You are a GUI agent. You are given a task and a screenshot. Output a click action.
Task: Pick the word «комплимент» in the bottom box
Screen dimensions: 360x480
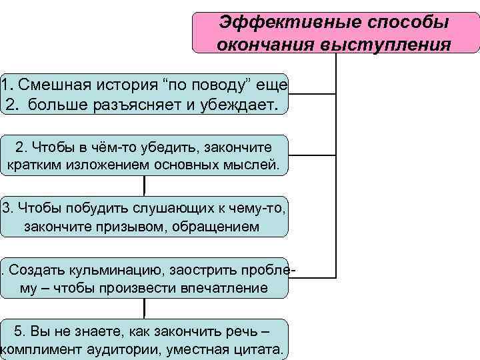tap(39, 349)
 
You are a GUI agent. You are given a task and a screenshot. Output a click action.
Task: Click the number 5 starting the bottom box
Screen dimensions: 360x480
tap(19, 331)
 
